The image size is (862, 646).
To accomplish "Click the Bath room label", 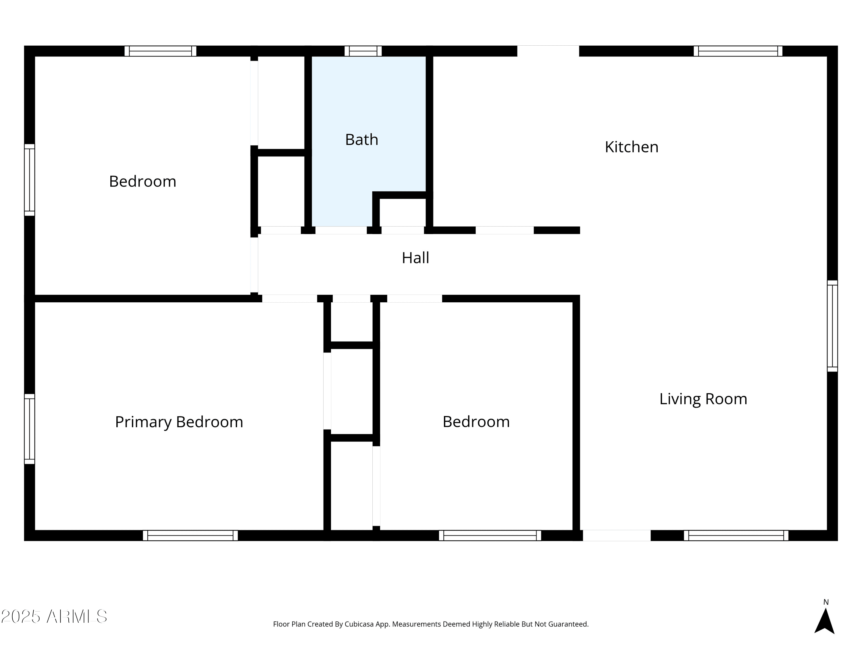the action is tap(362, 140).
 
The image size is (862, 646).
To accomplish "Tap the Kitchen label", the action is tap(631, 147).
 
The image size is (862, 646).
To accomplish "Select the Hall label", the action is tap(415, 258).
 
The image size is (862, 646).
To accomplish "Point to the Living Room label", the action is tap(703, 399).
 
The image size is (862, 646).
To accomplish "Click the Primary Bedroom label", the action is tap(179, 422).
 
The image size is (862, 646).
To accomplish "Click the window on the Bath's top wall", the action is tap(363, 51).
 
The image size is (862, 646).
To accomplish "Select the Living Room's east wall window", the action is tap(832, 326).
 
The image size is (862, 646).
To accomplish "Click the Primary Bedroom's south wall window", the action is tap(190, 535).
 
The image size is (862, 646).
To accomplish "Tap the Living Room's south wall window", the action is tap(736, 535).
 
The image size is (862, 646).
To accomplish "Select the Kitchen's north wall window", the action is tap(738, 51).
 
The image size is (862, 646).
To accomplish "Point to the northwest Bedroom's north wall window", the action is tap(160, 51).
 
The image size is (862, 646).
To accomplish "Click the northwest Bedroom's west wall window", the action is tap(30, 180).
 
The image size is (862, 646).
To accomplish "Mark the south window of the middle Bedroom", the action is tap(490, 535).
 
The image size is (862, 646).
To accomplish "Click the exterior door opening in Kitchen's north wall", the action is tap(548, 51).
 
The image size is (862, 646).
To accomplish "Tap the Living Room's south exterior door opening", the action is tap(617, 535).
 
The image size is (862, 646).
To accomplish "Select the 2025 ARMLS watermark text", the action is tap(54, 617).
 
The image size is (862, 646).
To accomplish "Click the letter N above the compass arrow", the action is tap(826, 602).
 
